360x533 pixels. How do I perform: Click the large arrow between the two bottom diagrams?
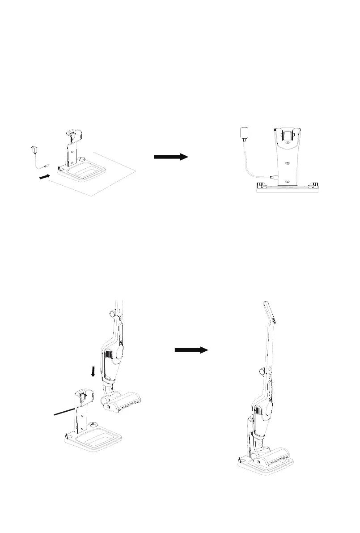click(x=191, y=350)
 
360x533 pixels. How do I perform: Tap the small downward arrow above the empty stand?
click(x=93, y=371)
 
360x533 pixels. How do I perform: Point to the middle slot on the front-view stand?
click(x=287, y=164)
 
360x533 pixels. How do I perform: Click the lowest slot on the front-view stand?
click(x=287, y=182)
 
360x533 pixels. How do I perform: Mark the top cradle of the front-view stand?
click(x=287, y=136)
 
